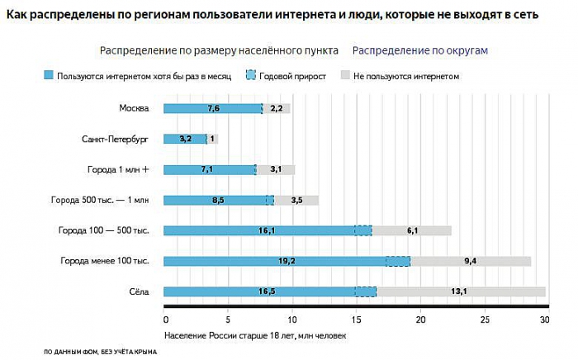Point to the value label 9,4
pyautogui.click(x=471, y=261)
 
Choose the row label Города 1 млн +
pyautogui.click(x=118, y=169)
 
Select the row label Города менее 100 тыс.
pyautogui.click(x=104, y=261)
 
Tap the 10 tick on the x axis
pyautogui.click(x=291, y=320)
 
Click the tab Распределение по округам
pyautogui.click(x=420, y=50)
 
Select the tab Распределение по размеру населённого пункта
pyautogui.click(x=219, y=50)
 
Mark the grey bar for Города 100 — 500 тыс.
pyautogui.click(x=412, y=230)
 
